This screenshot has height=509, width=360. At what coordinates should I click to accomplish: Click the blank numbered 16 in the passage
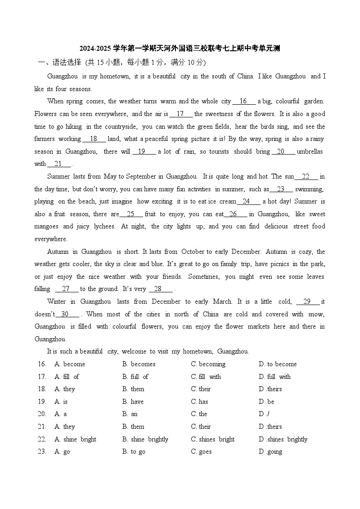click(243, 102)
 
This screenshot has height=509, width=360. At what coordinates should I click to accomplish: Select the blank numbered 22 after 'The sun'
click(306, 176)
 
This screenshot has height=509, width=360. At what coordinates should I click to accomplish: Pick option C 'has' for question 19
click(199, 402)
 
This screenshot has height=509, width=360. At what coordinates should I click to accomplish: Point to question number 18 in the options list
click(42, 389)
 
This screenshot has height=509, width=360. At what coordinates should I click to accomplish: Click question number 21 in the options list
click(42, 427)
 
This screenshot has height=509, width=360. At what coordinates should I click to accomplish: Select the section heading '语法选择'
click(67, 63)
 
